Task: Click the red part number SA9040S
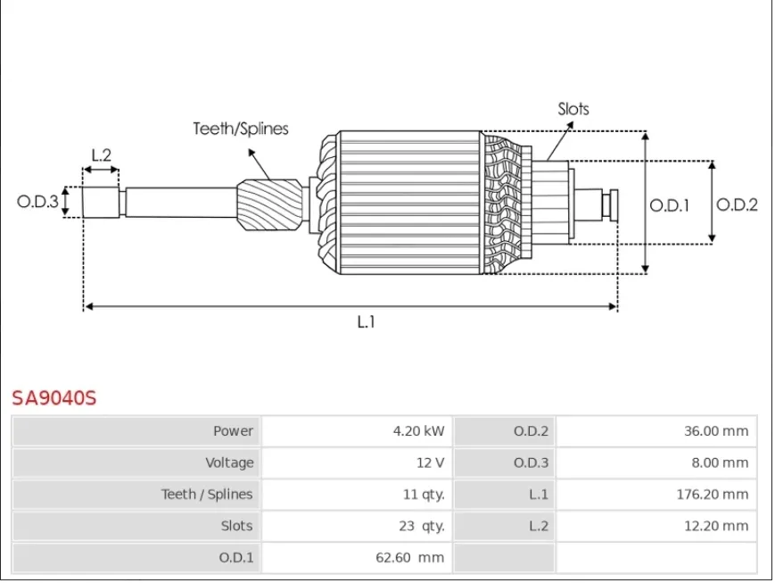click(x=54, y=398)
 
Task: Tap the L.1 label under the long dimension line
click(x=367, y=322)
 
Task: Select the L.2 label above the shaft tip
click(x=102, y=155)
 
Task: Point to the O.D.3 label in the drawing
click(x=37, y=202)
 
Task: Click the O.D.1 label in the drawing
click(x=669, y=205)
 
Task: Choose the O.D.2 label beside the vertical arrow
click(x=737, y=204)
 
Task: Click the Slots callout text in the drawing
click(x=573, y=109)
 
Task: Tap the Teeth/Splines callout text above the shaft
click(x=241, y=129)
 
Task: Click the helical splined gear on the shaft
click(x=270, y=204)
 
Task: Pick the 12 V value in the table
click(x=430, y=462)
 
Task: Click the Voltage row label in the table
click(x=229, y=462)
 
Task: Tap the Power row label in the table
click(x=233, y=431)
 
